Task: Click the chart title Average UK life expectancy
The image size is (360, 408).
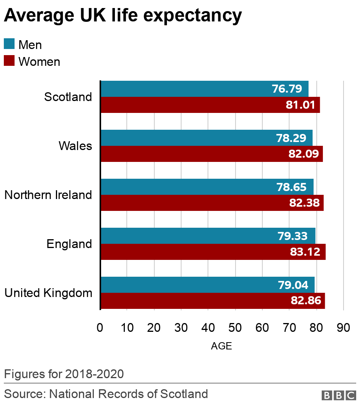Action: point(123,16)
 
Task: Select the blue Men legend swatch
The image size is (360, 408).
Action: point(9,44)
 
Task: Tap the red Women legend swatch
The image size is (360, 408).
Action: point(9,61)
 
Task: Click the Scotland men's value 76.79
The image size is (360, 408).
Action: point(290,89)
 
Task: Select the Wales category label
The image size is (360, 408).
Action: point(75,146)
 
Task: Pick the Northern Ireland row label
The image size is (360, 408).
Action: point(48,195)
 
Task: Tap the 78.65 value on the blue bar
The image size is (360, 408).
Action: point(291,187)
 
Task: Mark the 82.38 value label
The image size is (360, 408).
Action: point(304,203)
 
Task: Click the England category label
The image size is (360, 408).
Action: point(69,244)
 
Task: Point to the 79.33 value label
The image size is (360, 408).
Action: point(292,236)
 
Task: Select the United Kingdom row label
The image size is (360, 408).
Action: point(48,293)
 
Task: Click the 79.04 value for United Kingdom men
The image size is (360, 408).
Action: point(292,285)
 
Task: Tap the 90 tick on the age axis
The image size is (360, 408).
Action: point(343,328)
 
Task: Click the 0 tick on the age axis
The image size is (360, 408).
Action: point(100,328)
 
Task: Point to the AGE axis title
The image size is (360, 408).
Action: point(221,346)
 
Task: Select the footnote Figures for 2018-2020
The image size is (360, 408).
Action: point(64,374)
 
